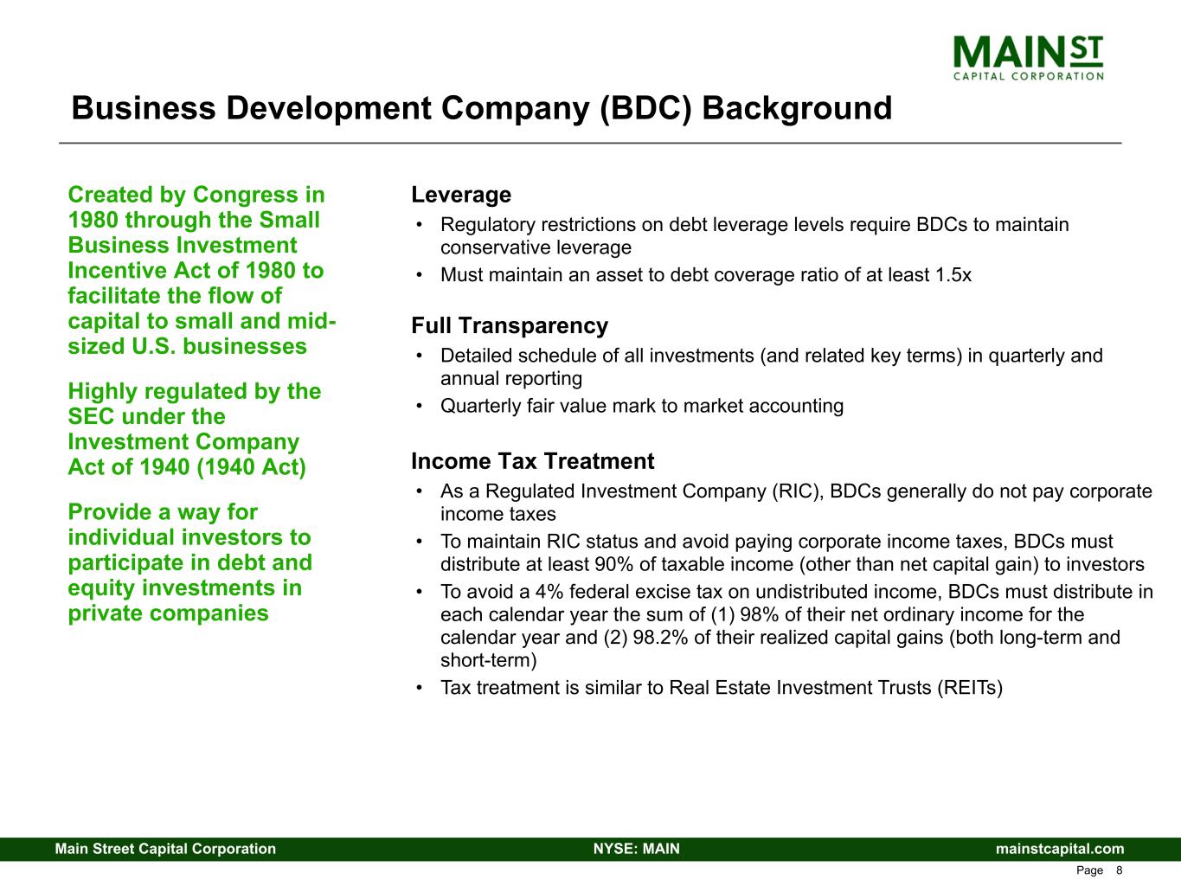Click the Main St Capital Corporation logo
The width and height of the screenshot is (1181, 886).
tap(1028, 58)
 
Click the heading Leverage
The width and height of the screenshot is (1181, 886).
tap(461, 195)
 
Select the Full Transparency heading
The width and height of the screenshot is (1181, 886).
tap(510, 326)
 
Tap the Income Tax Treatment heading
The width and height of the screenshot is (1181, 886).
tap(533, 461)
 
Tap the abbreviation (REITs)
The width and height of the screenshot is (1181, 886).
tap(970, 688)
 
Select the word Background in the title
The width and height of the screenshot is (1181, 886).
tap(797, 108)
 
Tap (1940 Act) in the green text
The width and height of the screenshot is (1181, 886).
tap(251, 467)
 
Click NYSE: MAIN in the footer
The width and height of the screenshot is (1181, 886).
tap(637, 849)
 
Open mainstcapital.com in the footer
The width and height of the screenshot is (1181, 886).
tap(1060, 849)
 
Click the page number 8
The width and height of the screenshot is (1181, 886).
tap(1119, 870)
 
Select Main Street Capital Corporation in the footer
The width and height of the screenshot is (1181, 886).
tap(165, 849)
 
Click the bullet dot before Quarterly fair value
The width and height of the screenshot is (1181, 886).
tap(420, 406)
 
